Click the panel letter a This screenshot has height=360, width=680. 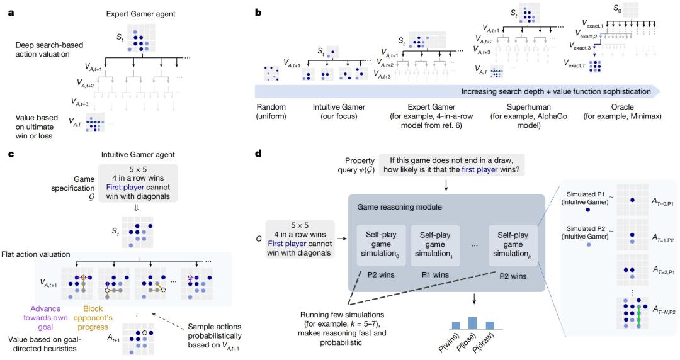[11, 13]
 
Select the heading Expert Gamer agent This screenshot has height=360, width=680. [140, 14]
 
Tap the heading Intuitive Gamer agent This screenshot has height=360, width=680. [138, 154]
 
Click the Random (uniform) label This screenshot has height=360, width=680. [271, 111]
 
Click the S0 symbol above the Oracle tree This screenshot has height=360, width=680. [617, 8]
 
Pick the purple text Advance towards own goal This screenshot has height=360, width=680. [45, 318]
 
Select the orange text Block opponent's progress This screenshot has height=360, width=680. [93, 318]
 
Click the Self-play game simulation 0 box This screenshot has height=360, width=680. [381, 245]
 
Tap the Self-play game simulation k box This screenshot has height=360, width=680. [513, 245]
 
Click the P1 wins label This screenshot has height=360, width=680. [434, 275]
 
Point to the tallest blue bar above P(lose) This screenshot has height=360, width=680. [472, 323]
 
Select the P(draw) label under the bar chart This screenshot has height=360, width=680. [484, 343]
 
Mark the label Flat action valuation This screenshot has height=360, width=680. [35, 255]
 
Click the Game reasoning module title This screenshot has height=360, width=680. [399, 207]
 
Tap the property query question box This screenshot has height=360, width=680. [451, 165]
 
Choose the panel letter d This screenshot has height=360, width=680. [259, 154]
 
